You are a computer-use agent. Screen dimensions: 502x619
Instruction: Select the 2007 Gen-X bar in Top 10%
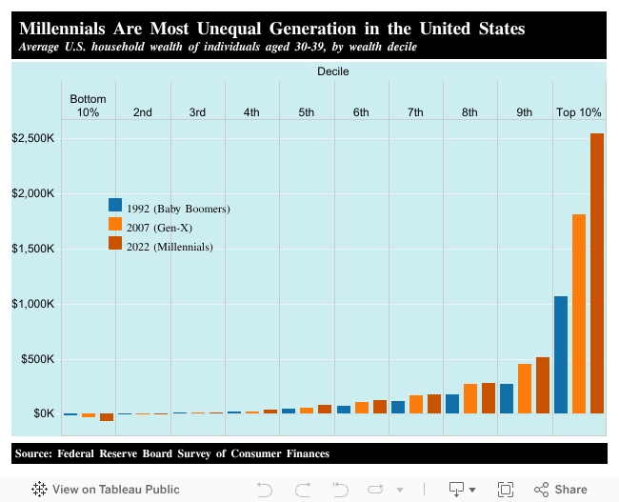pyautogui.click(x=579, y=314)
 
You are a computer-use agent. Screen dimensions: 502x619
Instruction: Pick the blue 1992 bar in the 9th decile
pyautogui.click(x=507, y=398)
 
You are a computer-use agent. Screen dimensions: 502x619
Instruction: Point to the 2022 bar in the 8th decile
pyautogui.click(x=489, y=398)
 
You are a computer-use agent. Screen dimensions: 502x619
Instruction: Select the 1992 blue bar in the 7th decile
pyautogui.click(x=398, y=407)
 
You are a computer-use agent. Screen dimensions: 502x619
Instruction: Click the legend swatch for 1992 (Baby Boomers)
pyautogui.click(x=115, y=205)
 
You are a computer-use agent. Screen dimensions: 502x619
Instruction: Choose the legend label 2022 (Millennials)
pyautogui.click(x=169, y=247)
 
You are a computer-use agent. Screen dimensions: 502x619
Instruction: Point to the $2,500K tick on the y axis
pyautogui.click(x=33, y=139)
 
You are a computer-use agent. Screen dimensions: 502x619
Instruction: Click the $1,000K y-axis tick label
pyautogui.click(x=33, y=304)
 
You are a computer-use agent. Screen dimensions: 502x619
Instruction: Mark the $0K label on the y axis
pyautogui.click(x=44, y=413)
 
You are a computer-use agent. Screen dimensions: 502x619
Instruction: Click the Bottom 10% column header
pyautogui.click(x=88, y=106)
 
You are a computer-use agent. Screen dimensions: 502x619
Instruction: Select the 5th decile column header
pyautogui.click(x=306, y=112)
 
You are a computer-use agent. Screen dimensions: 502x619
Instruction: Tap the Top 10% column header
pyautogui.click(x=578, y=112)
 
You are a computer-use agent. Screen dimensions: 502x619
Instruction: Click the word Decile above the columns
pyautogui.click(x=332, y=71)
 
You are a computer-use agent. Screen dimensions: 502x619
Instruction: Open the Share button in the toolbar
pyautogui.click(x=561, y=489)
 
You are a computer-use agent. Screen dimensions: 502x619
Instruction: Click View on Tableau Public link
pyautogui.click(x=98, y=489)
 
